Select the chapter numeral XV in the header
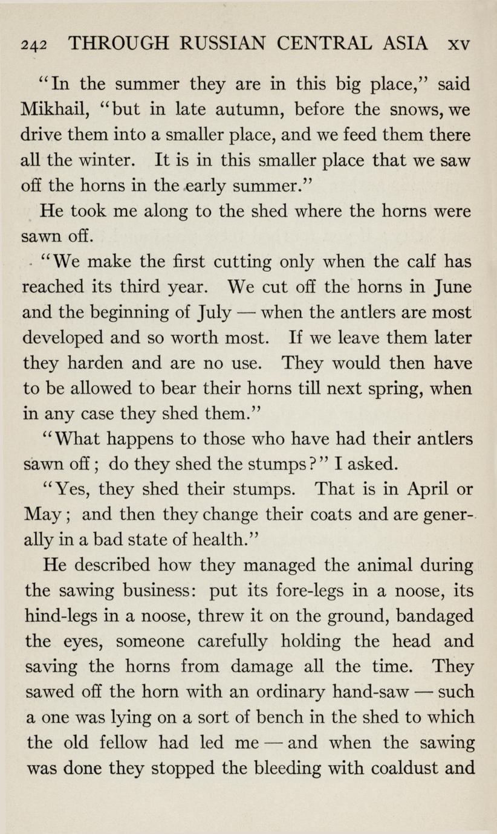tap(459, 44)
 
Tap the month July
tap(215, 313)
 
